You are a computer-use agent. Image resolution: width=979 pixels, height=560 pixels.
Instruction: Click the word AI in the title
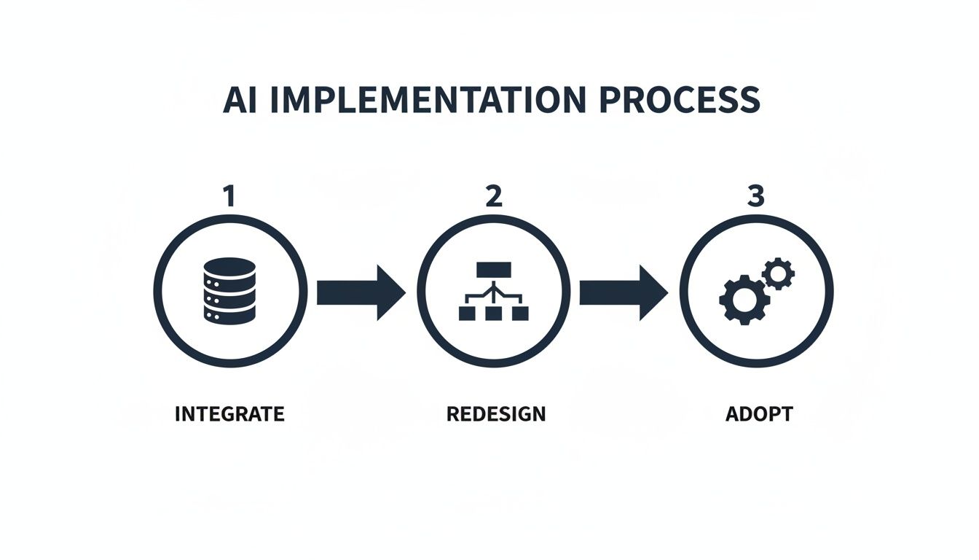point(241,101)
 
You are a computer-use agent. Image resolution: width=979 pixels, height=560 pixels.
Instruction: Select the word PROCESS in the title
point(680,101)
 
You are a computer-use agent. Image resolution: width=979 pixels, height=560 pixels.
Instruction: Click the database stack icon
point(230,292)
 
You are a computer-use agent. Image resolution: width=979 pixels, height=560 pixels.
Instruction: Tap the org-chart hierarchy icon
point(494,292)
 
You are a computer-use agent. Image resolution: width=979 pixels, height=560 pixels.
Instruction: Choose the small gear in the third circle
point(778,274)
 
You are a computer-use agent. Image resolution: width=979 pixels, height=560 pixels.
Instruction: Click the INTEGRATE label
point(229,414)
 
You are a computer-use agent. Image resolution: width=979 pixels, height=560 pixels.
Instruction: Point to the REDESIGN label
point(495,414)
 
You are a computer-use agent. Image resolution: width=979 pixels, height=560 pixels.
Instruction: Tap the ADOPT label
point(758,414)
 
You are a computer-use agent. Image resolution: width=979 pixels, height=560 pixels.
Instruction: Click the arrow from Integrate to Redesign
point(361,292)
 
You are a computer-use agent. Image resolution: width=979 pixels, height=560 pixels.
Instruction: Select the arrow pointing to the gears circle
point(624,292)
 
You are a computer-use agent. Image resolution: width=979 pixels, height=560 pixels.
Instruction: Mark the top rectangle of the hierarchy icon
point(494,269)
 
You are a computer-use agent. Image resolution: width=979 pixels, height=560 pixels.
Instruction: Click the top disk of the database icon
point(230,268)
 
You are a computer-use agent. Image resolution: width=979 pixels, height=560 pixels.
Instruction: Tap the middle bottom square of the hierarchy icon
point(494,314)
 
